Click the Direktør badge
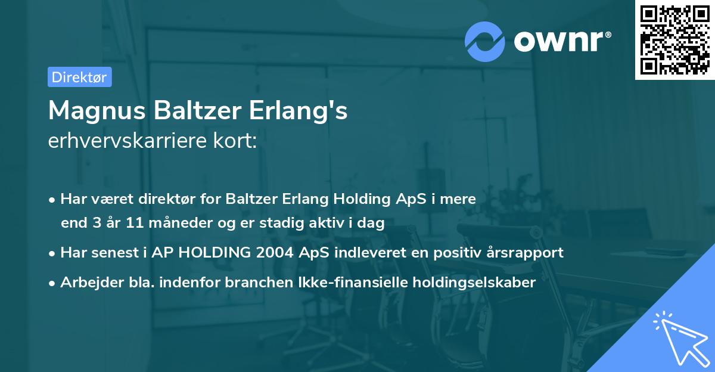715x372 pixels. point(79,77)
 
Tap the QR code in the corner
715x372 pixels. point(674,39)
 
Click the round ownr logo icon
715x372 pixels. point(485,41)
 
